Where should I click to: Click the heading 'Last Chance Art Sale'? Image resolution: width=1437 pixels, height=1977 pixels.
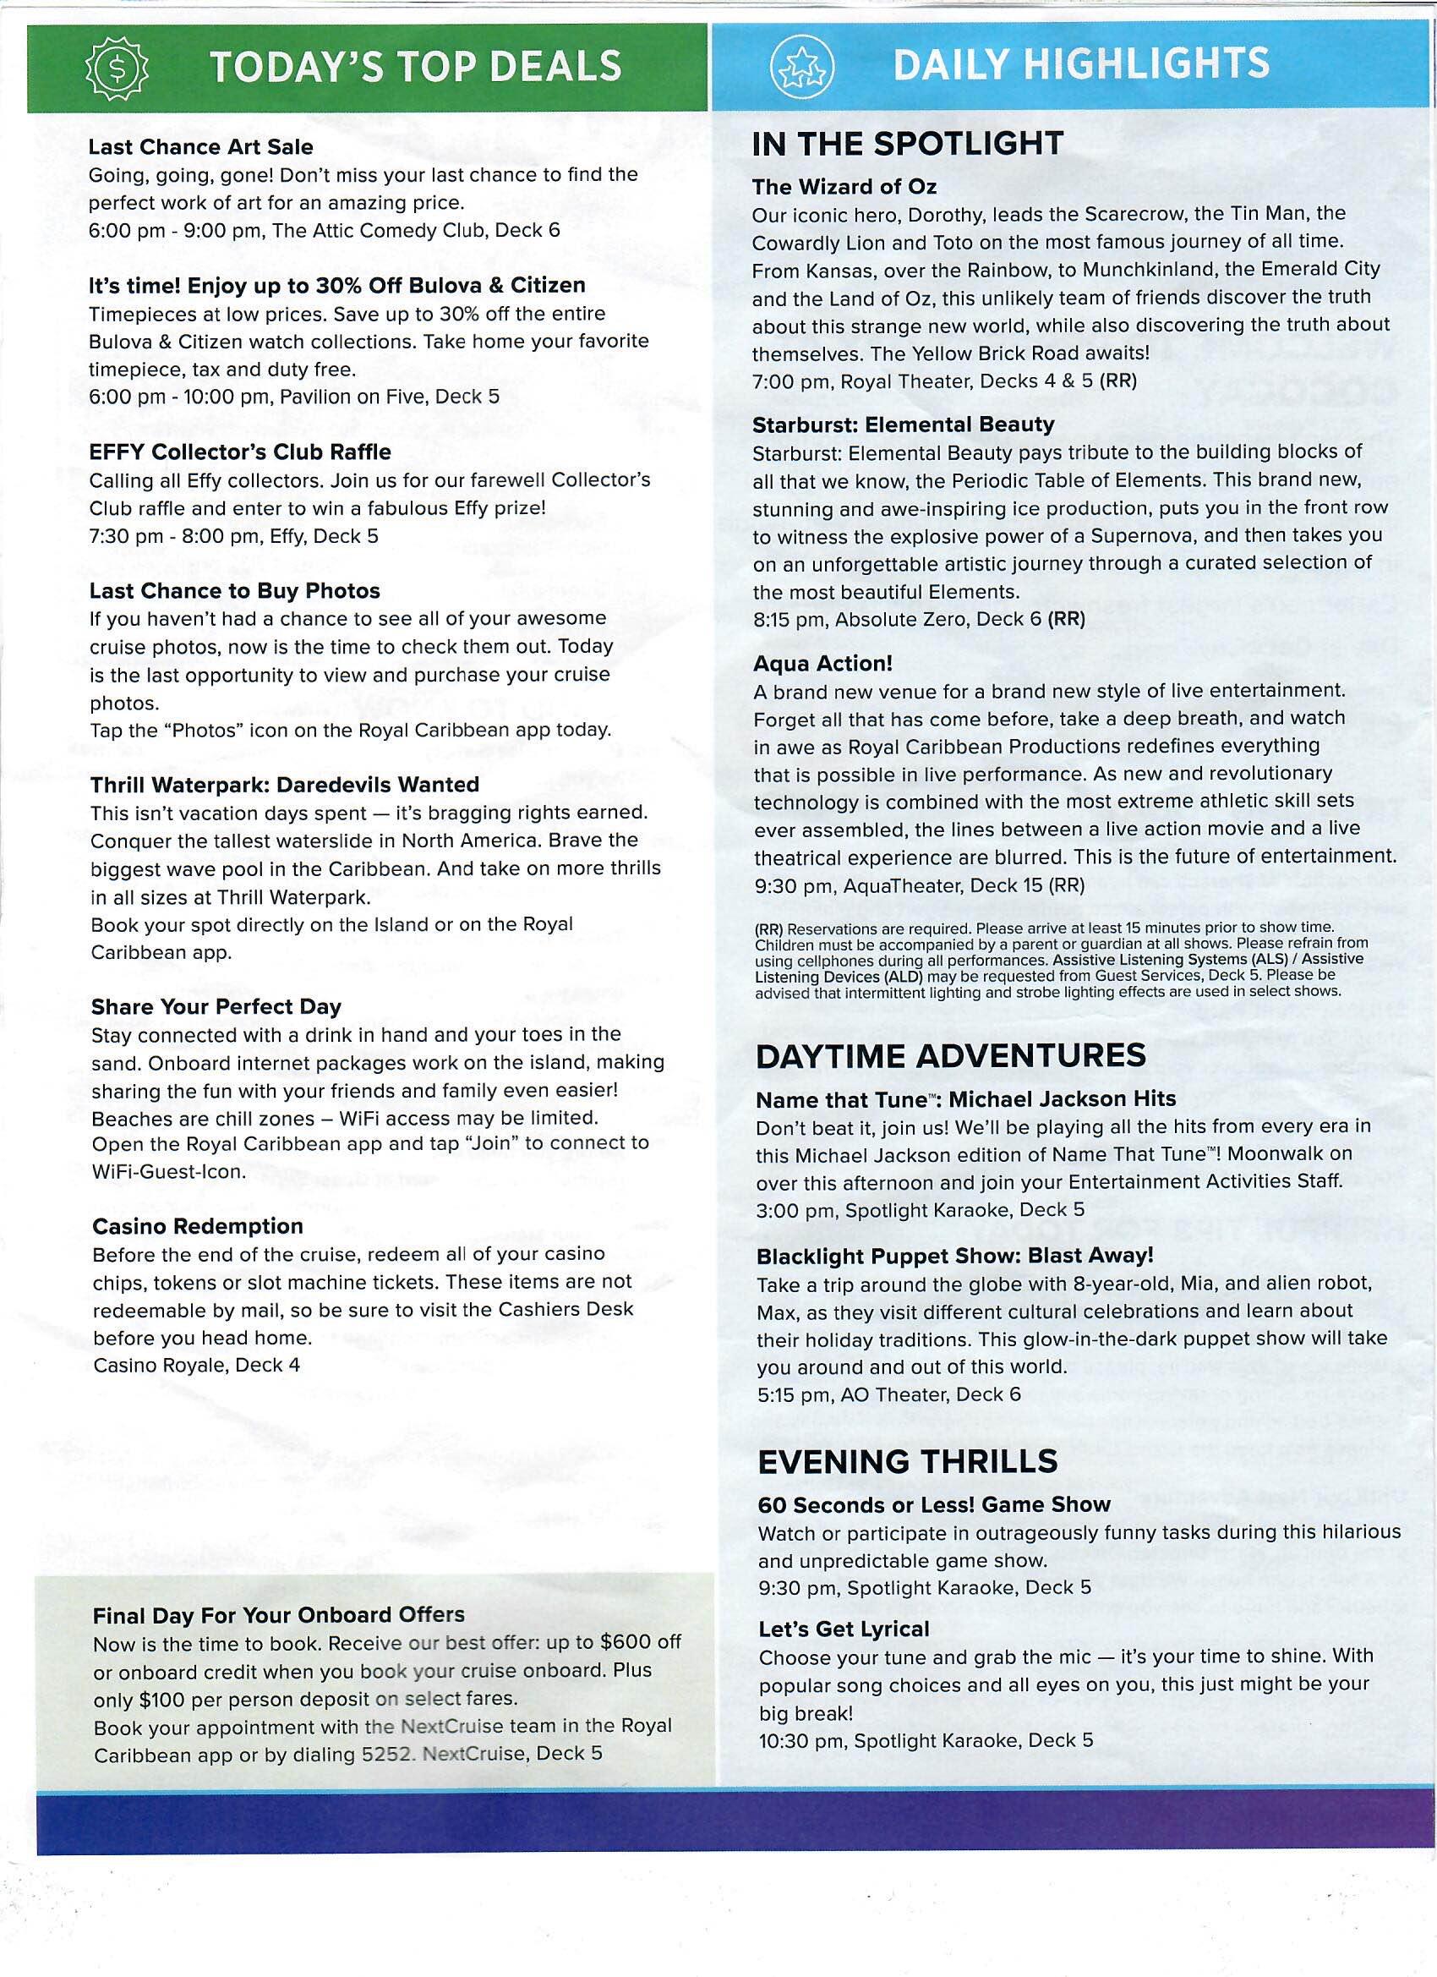[x=200, y=146]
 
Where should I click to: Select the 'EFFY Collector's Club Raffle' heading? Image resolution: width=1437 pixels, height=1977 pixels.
[x=241, y=452]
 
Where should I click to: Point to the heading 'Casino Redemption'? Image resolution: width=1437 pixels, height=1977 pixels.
[x=198, y=1225]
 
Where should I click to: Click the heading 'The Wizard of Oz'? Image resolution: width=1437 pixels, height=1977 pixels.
[x=844, y=187]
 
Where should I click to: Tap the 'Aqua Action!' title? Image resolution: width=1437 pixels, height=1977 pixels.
[x=822, y=663]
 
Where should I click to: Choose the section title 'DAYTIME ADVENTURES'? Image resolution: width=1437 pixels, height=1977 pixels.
[x=950, y=1055]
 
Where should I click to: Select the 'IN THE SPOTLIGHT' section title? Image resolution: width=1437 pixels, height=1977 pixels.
[x=907, y=143]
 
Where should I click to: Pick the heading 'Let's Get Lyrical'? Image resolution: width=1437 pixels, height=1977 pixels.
[x=844, y=1629]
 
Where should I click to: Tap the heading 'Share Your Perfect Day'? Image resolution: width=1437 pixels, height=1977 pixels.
[x=216, y=1007]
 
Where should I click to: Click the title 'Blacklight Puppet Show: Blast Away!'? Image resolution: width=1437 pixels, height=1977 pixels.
[x=955, y=1256]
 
